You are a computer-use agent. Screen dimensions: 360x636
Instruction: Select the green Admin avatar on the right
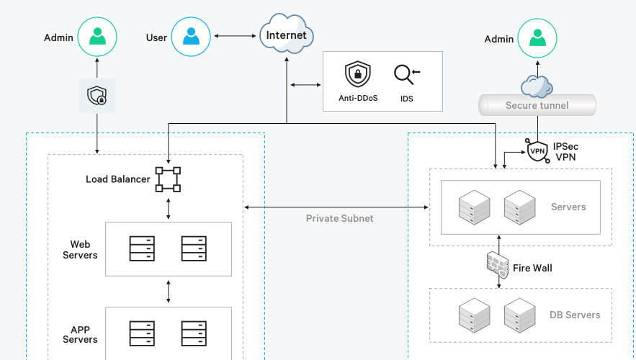(x=537, y=39)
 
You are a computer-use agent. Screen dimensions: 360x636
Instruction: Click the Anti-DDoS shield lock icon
(x=357, y=74)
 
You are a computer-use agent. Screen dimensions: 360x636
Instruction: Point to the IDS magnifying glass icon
(x=406, y=75)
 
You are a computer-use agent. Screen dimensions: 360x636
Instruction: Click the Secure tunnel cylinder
(x=537, y=105)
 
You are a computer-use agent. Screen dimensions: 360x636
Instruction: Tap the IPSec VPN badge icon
(x=537, y=151)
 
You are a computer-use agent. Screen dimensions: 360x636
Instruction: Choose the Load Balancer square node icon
(x=168, y=179)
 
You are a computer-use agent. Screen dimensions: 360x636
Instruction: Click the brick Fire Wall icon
(x=498, y=265)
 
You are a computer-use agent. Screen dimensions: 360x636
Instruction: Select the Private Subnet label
(x=340, y=218)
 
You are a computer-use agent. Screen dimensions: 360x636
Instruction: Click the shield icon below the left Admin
(x=97, y=95)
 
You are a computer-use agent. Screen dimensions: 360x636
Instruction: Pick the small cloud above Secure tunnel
(x=537, y=86)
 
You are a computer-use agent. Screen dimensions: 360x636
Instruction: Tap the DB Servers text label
(x=574, y=315)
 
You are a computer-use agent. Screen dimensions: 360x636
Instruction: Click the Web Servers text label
(x=80, y=250)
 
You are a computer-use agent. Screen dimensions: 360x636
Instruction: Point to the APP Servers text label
(x=80, y=334)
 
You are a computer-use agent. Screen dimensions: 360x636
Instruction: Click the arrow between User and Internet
(x=236, y=35)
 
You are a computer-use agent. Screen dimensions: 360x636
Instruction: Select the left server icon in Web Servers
(x=142, y=249)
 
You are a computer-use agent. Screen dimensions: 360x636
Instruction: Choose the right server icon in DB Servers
(x=519, y=315)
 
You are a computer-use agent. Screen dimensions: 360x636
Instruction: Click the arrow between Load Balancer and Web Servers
(x=169, y=207)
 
